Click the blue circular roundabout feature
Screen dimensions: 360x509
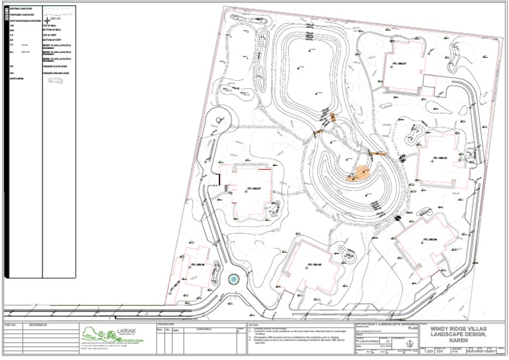coord(233,280)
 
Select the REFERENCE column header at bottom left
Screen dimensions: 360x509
coord(34,325)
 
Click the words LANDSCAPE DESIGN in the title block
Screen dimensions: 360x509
coord(459,333)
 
